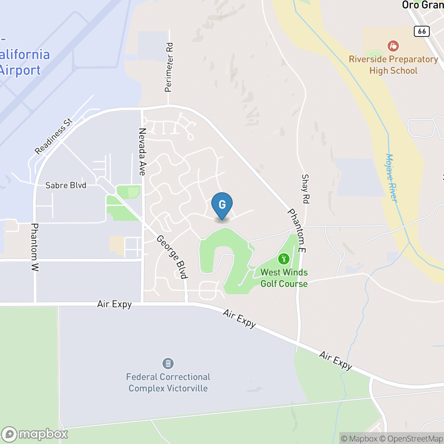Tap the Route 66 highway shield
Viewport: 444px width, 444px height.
click(422, 31)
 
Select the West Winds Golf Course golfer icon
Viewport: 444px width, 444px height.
click(283, 259)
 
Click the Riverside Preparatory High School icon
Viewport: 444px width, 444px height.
click(393, 46)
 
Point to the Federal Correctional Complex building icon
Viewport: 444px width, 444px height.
click(168, 363)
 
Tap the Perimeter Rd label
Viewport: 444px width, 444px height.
click(169, 67)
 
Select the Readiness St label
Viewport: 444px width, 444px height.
click(54, 136)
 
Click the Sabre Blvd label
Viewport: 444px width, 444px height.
click(66, 185)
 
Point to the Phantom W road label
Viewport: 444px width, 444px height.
click(35, 247)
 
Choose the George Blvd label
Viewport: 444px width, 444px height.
click(172, 257)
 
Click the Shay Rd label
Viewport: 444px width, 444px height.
click(305, 189)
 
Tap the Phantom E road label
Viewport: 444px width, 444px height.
click(297, 231)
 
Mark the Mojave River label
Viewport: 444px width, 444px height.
click(391, 177)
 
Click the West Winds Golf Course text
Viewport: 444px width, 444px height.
click(284, 278)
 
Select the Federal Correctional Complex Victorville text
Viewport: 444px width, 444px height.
click(168, 383)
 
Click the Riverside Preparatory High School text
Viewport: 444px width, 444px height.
click(393, 65)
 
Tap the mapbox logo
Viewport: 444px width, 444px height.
click(35, 434)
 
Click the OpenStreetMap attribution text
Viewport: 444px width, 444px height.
click(413, 438)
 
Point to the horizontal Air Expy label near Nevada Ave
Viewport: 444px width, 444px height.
click(115, 304)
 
